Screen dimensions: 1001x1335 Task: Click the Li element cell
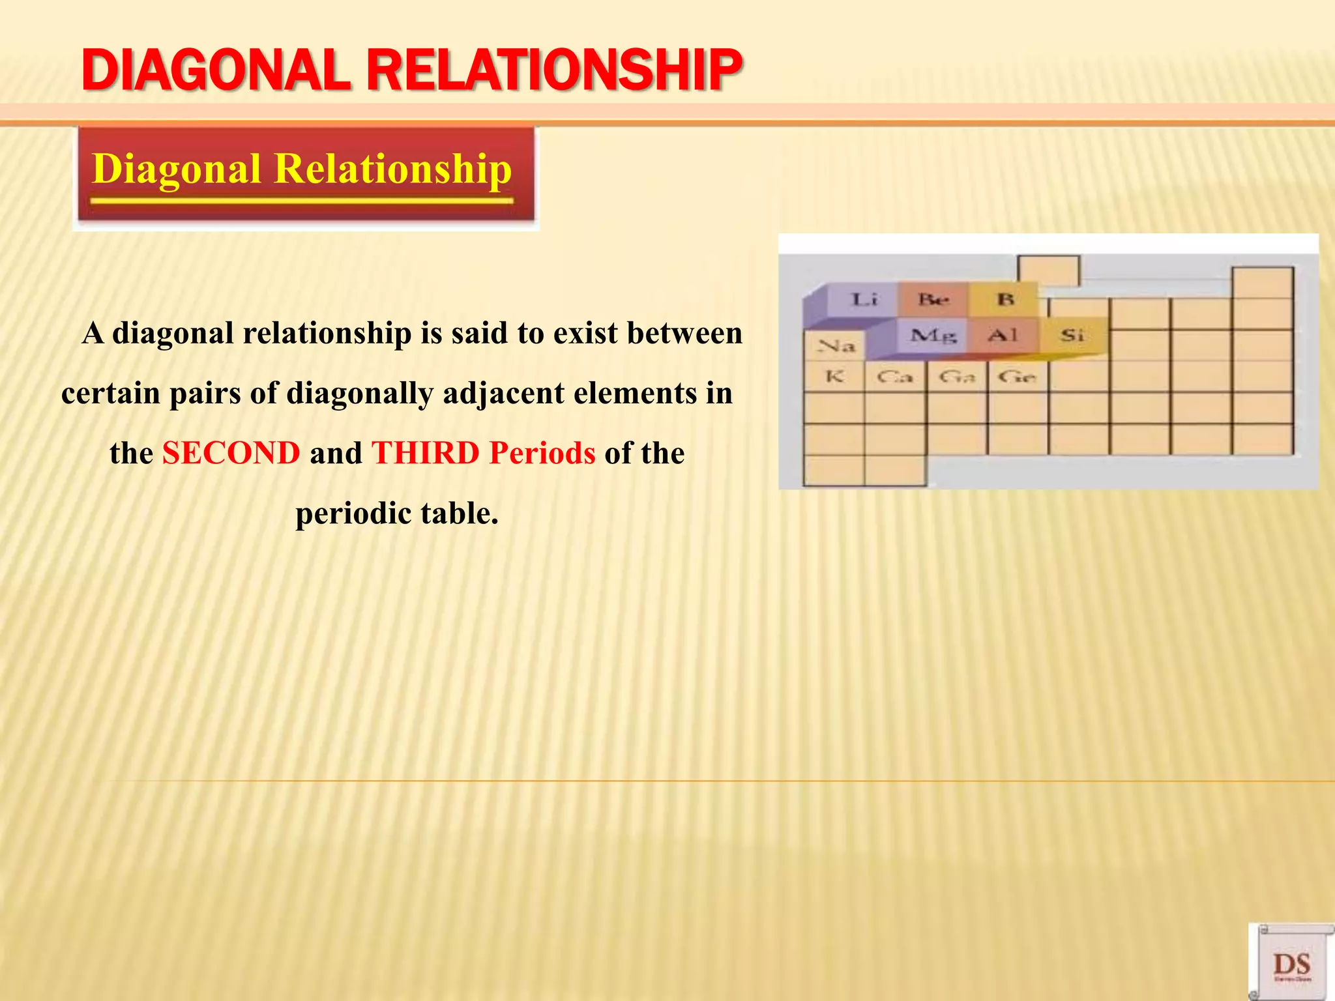[x=864, y=300]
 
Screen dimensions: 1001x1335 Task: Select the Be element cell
[x=933, y=300]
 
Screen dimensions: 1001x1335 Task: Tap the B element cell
[x=1005, y=300]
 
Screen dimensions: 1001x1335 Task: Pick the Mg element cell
[x=933, y=336]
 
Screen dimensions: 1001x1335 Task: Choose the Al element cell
[x=1003, y=336]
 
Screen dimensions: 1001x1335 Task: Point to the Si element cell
[x=1072, y=336]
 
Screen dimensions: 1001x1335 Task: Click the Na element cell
[x=835, y=346]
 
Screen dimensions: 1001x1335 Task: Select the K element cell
[x=834, y=377]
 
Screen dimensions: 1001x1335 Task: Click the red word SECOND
[x=231, y=453]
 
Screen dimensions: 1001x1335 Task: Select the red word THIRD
[x=425, y=453]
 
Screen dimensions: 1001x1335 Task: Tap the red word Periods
[x=542, y=453]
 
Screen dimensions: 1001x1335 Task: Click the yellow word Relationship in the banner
[x=392, y=169]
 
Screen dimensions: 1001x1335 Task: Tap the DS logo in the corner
[x=1291, y=964]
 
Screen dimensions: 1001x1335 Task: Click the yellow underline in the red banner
[x=302, y=201]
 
